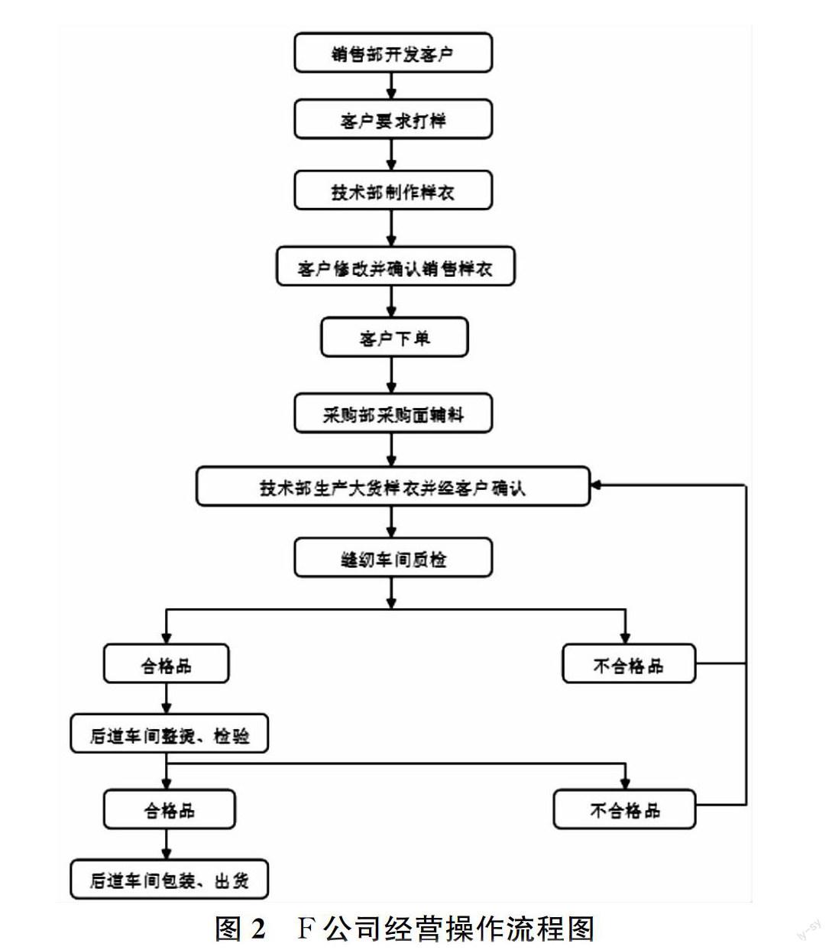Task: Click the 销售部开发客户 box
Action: pos(393,53)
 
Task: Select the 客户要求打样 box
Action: pos(393,120)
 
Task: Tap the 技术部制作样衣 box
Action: pos(393,190)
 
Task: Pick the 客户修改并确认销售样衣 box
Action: pos(394,267)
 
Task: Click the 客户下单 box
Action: pos(393,337)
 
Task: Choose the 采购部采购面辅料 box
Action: pos(393,414)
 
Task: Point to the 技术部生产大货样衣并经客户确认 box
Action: pos(393,487)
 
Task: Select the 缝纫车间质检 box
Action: pos(393,559)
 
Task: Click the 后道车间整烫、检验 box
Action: pos(169,734)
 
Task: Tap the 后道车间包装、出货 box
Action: pos(169,880)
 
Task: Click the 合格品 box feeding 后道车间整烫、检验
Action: pos(166,664)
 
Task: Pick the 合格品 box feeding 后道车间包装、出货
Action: pos(169,809)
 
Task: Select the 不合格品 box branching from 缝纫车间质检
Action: pos(628,664)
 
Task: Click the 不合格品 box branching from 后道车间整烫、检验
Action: pos(624,809)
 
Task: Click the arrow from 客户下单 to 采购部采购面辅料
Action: pos(392,376)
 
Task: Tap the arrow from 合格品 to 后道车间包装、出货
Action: pos(167,845)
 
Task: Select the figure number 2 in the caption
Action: pos(257,929)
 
